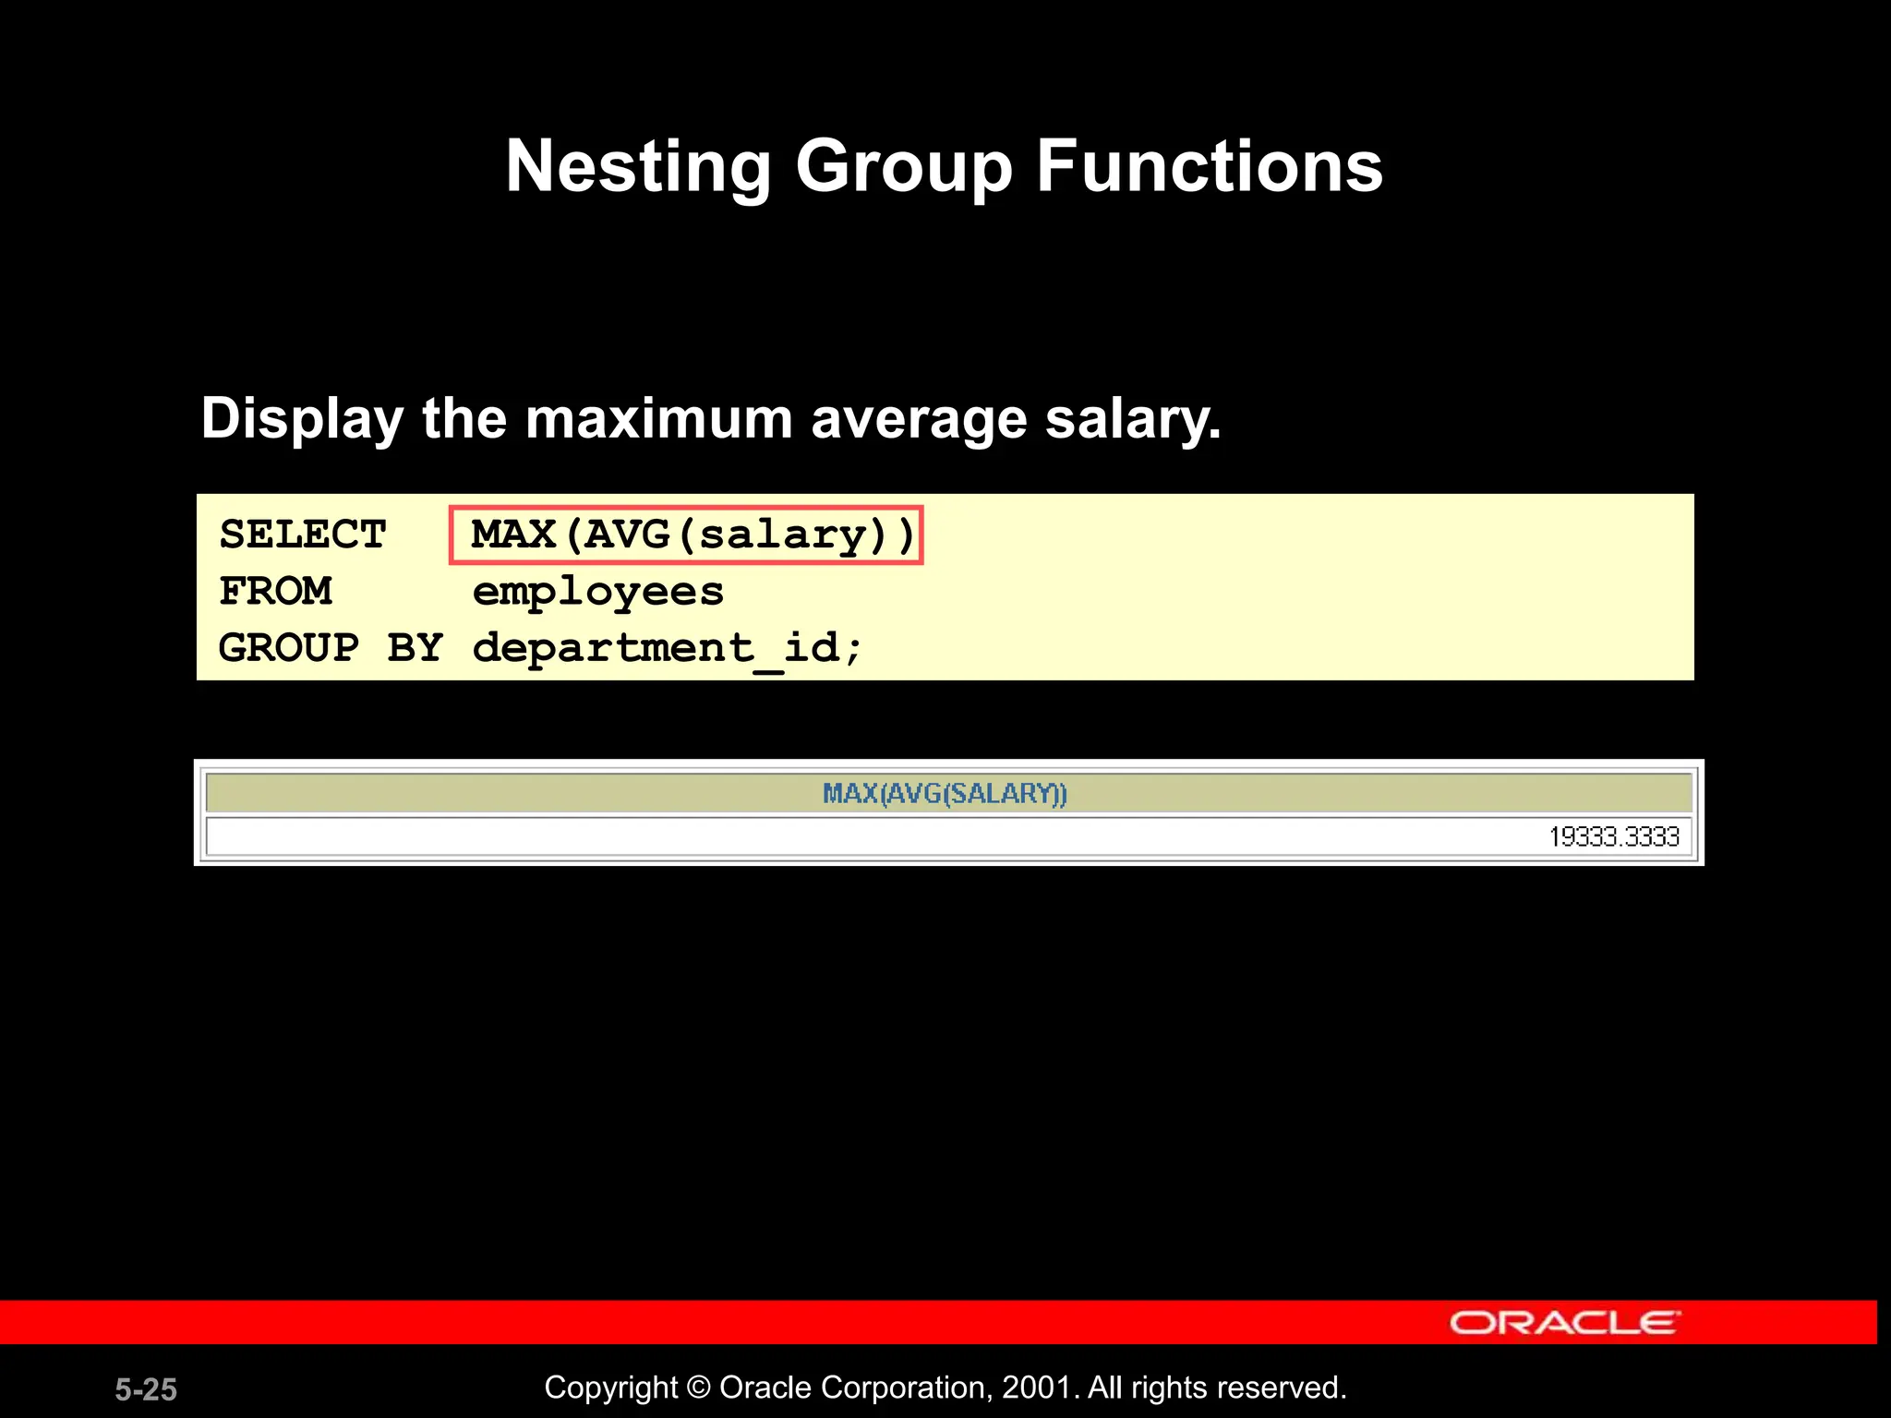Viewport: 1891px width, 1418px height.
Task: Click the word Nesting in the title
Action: [x=637, y=166]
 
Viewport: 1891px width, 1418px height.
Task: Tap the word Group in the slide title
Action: [x=904, y=166]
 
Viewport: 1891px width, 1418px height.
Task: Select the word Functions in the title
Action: [x=1210, y=166]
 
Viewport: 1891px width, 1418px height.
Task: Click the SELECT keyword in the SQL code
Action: [x=303, y=535]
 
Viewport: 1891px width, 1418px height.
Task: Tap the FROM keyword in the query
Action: [x=275, y=592]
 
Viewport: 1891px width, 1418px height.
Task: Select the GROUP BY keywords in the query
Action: [x=331, y=648]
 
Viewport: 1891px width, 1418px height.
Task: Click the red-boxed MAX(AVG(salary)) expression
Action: [x=686, y=535]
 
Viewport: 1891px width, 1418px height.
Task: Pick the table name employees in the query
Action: [x=597, y=592]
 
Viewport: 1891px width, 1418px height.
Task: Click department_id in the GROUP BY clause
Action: [x=667, y=648]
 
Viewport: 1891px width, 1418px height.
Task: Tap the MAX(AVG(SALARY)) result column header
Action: [x=945, y=794]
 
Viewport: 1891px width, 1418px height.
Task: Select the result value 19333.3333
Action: [x=1614, y=837]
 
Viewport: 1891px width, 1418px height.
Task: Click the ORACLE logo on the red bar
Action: [x=1565, y=1323]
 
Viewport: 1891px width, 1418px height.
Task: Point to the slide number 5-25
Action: [x=146, y=1389]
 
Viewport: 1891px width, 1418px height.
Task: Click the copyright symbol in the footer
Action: [x=699, y=1388]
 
